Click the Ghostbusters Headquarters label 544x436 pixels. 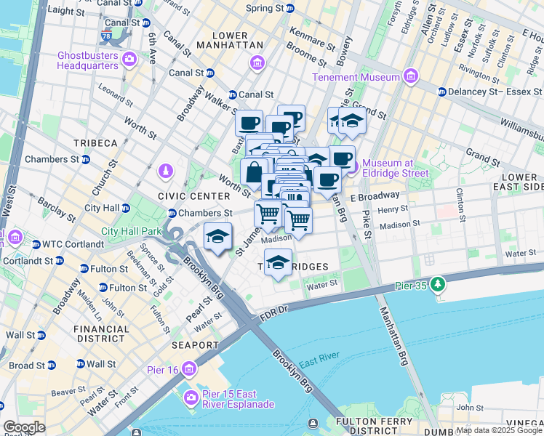(x=78, y=60)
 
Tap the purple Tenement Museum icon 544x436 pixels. (x=411, y=76)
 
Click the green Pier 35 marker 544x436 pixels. (x=437, y=283)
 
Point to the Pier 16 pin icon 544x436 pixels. (x=189, y=369)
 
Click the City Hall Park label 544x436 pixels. (x=130, y=231)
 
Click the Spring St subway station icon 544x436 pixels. (x=290, y=9)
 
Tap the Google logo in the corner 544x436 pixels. (x=24, y=427)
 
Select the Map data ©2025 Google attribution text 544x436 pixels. (x=499, y=430)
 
